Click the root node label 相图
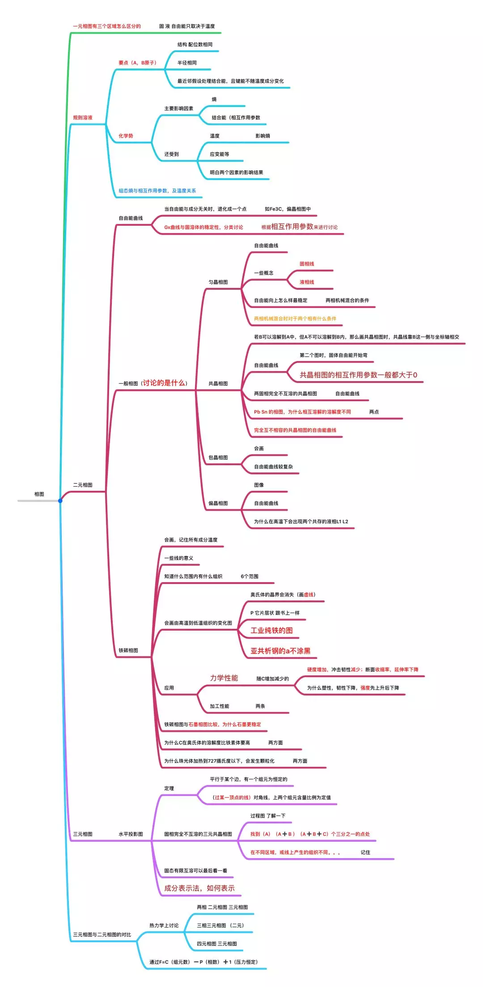pyautogui.click(x=39, y=494)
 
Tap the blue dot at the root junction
pyautogui.click(x=60, y=501)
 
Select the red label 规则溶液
pyautogui.click(x=83, y=117)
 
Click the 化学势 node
pyautogui.click(x=126, y=136)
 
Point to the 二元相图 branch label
pyautogui.click(x=83, y=485)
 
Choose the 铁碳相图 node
pyautogui.click(x=128, y=650)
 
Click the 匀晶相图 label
pyautogui.click(x=218, y=282)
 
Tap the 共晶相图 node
pyautogui.click(x=218, y=383)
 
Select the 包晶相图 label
pyautogui.click(x=218, y=457)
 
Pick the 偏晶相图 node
pyautogui.click(x=218, y=503)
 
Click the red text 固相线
pyautogui.click(x=307, y=264)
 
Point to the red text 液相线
pyautogui.click(x=307, y=282)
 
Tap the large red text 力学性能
pyautogui.click(x=224, y=678)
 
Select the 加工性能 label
pyautogui.click(x=220, y=706)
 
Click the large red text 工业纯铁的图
pyautogui.click(x=271, y=631)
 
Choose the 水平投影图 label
pyautogui.click(x=131, y=834)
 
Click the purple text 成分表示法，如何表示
pyautogui.click(x=199, y=888)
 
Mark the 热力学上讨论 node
pyautogui.click(x=164, y=925)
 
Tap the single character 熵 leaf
pyautogui.click(x=214, y=99)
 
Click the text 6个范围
pyautogui.click(x=250, y=576)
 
